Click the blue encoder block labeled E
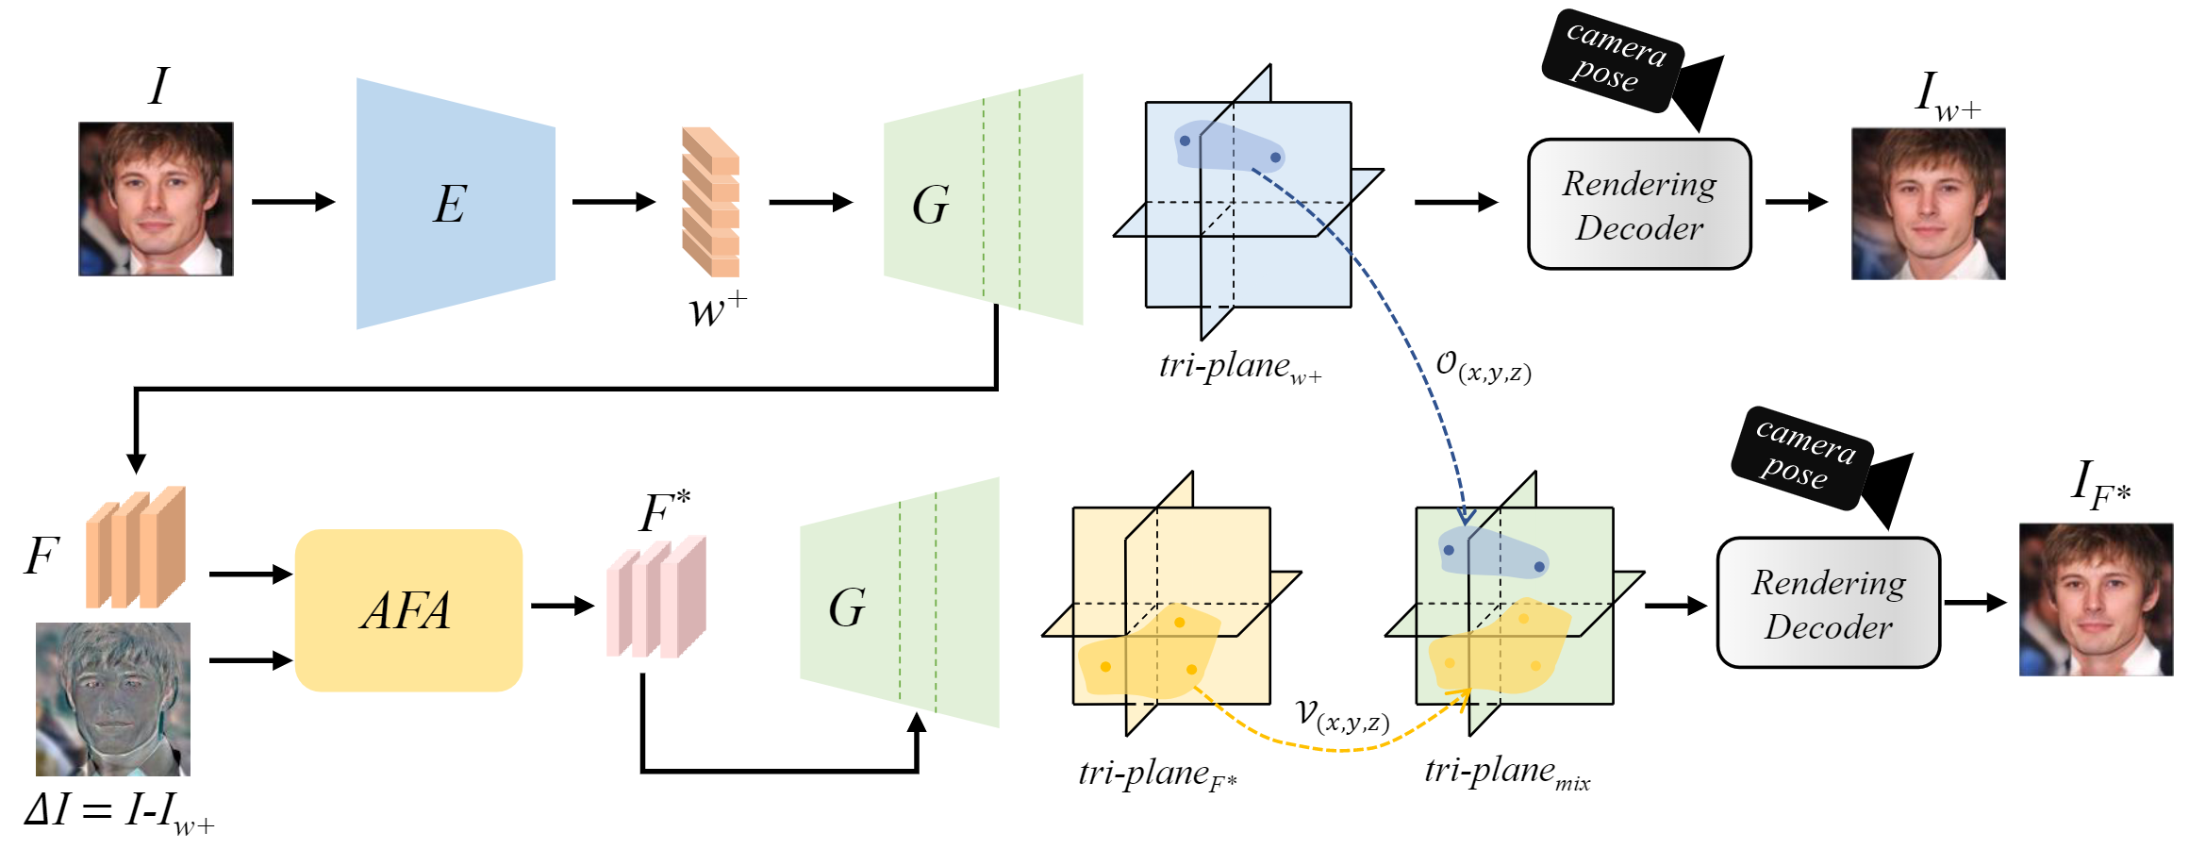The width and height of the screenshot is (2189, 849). tap(455, 203)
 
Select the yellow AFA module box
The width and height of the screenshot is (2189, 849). tap(408, 610)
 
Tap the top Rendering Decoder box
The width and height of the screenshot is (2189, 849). tap(1639, 205)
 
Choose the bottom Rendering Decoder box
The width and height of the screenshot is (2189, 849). tap(1828, 604)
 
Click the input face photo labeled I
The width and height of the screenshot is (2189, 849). tap(156, 199)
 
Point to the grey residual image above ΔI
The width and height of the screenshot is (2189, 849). tap(113, 699)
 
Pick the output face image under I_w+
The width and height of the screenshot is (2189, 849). tap(1928, 204)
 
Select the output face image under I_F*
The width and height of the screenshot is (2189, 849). tap(2096, 600)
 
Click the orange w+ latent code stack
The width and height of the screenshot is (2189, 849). tap(710, 202)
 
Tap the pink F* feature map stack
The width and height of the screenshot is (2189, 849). tap(656, 597)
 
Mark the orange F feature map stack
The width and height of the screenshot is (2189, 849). tap(136, 547)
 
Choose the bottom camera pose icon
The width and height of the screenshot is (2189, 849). tap(1820, 463)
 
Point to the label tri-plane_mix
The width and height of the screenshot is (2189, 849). tap(1506, 773)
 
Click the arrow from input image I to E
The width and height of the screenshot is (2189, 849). tap(293, 201)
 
